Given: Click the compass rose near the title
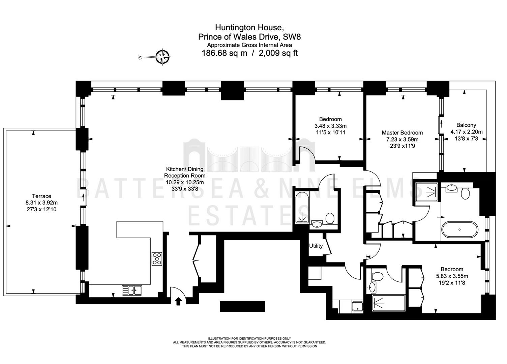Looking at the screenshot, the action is (x=163, y=57).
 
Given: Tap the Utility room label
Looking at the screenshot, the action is (x=316, y=246).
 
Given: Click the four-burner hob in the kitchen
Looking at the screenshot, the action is (x=157, y=259).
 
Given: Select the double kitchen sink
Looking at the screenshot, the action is (x=132, y=290).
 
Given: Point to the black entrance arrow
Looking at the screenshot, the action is (x=178, y=301).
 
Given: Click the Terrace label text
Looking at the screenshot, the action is (x=42, y=196).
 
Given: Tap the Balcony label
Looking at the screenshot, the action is (x=466, y=125).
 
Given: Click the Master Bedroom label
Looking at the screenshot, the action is (x=402, y=132).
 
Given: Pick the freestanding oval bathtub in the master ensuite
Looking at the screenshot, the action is (x=460, y=230).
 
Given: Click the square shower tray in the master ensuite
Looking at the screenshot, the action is (x=427, y=192).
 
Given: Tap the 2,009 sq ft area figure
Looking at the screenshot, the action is (x=278, y=53).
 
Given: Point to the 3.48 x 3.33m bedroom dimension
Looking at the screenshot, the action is (x=330, y=126).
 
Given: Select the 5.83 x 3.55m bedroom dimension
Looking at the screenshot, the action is (x=452, y=276).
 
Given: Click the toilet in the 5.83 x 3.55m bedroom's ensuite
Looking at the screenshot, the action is (x=378, y=276).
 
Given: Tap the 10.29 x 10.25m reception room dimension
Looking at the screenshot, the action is (x=185, y=182).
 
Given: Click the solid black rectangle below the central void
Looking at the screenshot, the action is (x=242, y=307).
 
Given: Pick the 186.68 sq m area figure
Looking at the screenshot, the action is (x=224, y=53).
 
